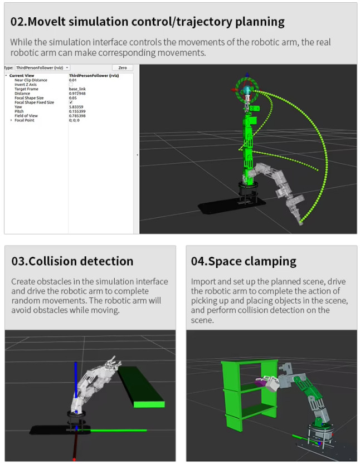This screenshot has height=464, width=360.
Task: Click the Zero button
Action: click(122, 68)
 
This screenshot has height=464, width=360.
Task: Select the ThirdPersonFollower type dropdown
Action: click(42, 68)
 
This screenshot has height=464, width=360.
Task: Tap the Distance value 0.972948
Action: click(77, 94)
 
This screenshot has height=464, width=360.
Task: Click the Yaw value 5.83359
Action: click(76, 107)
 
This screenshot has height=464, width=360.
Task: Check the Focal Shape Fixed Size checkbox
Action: click(71, 102)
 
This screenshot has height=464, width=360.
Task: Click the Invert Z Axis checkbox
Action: click(71, 85)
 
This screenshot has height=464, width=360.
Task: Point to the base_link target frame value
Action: click(77, 89)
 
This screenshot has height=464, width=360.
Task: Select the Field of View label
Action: click(26, 116)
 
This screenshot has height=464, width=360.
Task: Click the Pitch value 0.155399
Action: click(77, 111)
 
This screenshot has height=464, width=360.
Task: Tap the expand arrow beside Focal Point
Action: click(11, 120)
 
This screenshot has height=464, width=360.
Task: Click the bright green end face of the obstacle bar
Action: click(149, 404)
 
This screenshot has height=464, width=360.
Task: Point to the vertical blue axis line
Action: click(76, 385)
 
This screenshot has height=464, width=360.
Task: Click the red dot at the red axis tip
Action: click(74, 459)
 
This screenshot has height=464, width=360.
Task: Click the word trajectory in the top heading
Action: click(201, 22)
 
